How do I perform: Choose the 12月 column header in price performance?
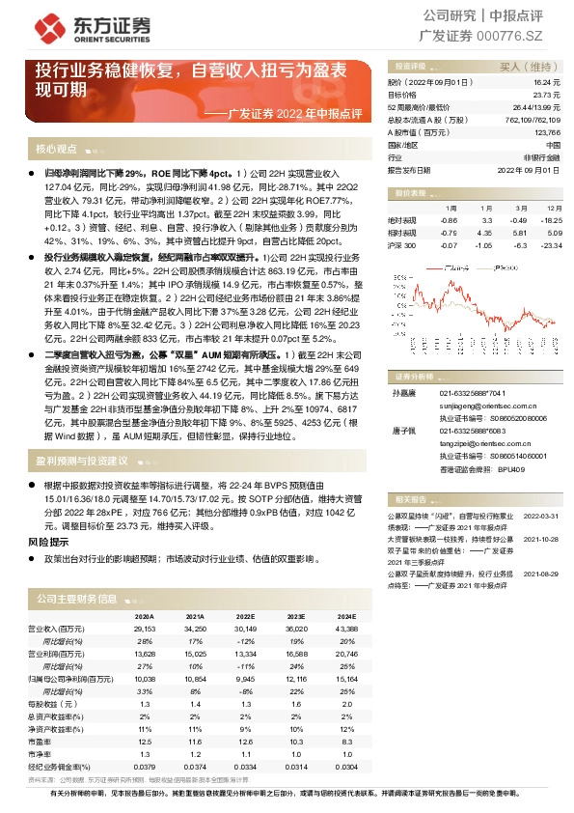tap(552, 209)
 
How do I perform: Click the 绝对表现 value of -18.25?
tap(551, 221)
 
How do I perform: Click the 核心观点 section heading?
tap(56, 150)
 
